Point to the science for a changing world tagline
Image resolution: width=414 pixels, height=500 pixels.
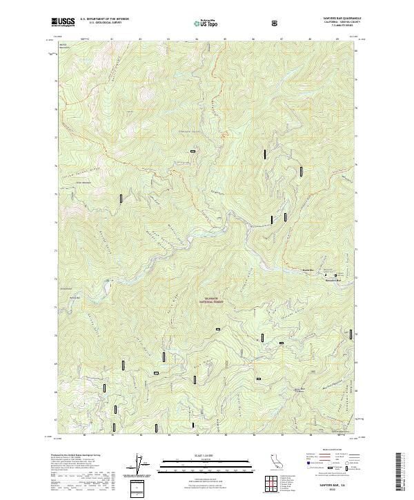pos(63,26)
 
